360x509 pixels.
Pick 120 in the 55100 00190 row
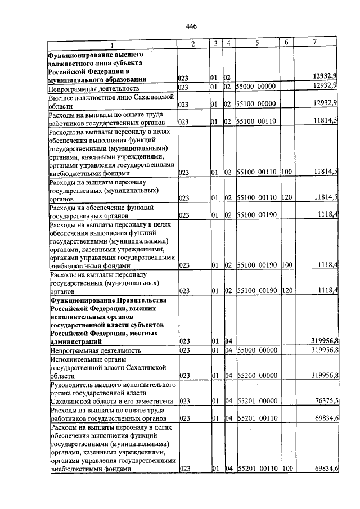286,290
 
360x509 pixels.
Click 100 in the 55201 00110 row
286,468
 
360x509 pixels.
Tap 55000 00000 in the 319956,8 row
256,350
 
